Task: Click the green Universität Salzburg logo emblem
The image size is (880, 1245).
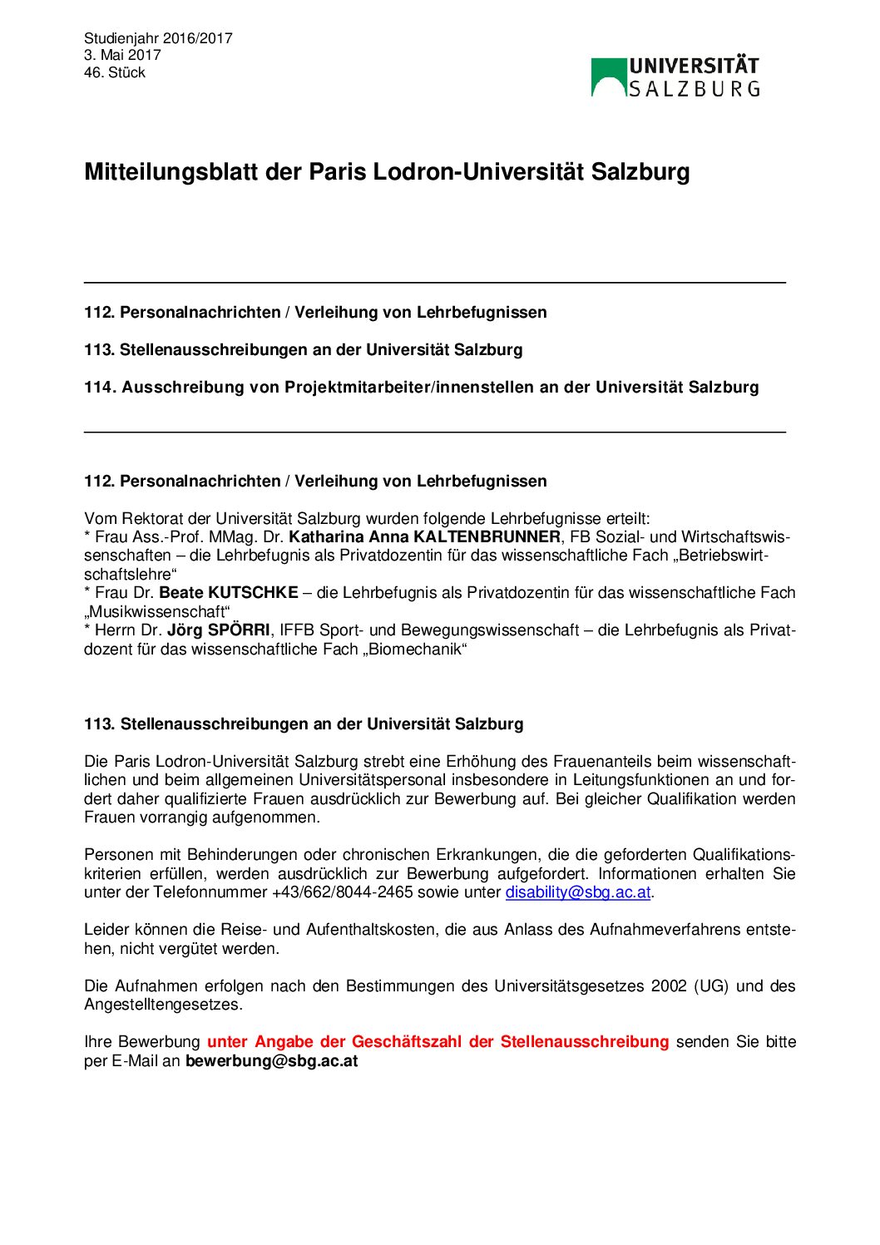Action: click(x=608, y=77)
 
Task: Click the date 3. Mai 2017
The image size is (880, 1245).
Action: click(x=122, y=55)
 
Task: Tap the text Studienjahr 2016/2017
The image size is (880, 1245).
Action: click(x=158, y=38)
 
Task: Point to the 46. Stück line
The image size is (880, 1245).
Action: click(x=115, y=72)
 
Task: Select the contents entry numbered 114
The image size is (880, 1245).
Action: click(x=421, y=387)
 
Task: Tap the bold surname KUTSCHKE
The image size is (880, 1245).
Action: click(x=253, y=592)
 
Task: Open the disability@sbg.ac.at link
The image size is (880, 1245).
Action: click(x=577, y=892)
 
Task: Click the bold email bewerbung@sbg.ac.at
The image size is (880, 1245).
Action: click(x=271, y=1060)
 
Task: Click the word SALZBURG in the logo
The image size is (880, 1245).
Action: click(x=694, y=88)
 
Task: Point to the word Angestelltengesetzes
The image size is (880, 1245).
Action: click(x=163, y=1004)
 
